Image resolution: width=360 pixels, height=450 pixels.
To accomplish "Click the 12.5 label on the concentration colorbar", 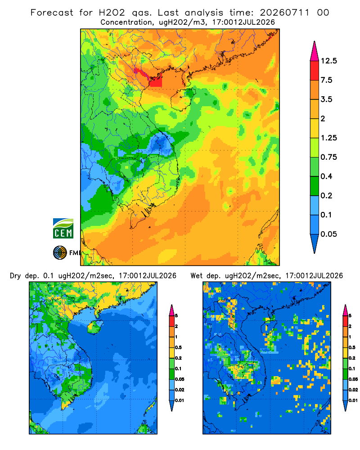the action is [328, 61].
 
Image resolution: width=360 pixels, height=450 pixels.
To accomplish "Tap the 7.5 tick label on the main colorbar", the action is [326, 80].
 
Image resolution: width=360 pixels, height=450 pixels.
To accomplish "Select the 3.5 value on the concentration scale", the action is [326, 99].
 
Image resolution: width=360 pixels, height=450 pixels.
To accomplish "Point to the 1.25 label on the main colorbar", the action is [328, 138].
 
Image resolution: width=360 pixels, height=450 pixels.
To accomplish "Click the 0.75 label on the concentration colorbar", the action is [328, 157].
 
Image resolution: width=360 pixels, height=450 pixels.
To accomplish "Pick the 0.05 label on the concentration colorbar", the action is [328, 234].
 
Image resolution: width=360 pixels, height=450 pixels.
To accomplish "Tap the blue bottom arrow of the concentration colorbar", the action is [315, 243].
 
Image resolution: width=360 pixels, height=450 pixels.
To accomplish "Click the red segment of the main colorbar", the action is [315, 70].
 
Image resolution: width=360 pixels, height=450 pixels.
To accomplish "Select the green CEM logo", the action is [63, 229].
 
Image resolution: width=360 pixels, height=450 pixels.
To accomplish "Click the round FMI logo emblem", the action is [60, 253].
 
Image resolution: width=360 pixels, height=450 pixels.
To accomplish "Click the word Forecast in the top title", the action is [52, 13].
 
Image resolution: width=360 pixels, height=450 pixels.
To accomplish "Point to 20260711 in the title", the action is [284, 13].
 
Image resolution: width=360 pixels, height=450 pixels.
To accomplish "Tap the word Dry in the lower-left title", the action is [15, 276].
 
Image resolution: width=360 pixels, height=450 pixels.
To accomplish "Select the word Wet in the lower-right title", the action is [197, 276].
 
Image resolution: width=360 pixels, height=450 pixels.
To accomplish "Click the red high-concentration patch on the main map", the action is [155, 81].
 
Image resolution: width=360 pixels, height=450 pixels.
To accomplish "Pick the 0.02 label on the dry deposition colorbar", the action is [180, 390].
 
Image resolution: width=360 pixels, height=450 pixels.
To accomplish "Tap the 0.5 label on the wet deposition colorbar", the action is [352, 347].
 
